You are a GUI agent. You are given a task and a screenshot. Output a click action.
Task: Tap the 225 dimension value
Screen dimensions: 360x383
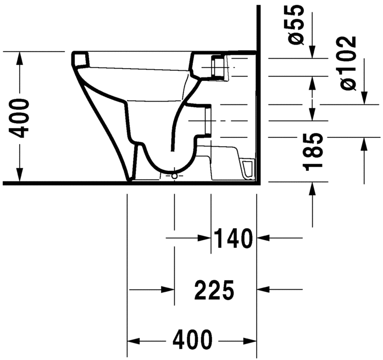[214, 289]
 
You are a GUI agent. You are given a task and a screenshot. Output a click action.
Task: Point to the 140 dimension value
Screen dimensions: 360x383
[233, 238]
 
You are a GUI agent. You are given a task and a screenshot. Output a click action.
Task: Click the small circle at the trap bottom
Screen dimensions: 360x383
[174, 176]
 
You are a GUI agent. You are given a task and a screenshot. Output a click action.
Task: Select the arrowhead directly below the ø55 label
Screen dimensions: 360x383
[313, 51]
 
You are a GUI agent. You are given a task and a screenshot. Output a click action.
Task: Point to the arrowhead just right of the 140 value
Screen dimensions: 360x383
[263, 238]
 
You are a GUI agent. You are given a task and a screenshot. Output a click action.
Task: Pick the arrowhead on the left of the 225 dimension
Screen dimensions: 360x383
[168, 289]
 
